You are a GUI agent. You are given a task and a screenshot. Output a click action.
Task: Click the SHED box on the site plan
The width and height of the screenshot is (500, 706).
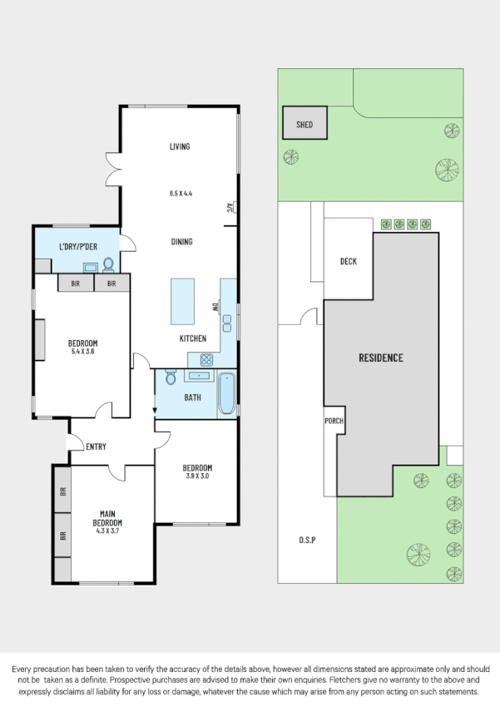304,124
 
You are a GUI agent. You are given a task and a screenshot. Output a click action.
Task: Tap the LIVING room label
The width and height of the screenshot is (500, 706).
180,146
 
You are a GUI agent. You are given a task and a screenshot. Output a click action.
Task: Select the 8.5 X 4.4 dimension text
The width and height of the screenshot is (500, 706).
181,193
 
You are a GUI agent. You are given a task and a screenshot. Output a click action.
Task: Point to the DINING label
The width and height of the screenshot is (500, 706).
181,242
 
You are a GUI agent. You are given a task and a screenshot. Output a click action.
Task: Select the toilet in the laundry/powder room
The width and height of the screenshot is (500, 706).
107,265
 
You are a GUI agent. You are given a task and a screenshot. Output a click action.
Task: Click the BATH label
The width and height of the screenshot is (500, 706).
192,397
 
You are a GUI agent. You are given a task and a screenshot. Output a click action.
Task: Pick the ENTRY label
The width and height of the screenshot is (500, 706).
97,447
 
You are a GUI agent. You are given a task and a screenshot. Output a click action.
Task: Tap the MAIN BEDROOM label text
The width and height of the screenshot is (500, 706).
107,518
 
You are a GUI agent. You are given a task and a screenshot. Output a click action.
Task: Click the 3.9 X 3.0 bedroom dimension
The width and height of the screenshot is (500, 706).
197,476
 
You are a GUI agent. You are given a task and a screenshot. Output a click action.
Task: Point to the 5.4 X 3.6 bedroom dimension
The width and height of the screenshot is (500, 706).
83,352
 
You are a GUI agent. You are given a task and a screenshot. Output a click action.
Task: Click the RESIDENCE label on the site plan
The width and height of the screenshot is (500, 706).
381,358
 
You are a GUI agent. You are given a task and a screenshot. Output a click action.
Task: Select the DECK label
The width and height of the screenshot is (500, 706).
349,262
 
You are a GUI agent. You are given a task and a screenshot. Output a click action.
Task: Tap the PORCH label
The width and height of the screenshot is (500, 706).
334,421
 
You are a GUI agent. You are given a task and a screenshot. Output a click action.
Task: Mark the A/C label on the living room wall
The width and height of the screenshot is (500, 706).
229,208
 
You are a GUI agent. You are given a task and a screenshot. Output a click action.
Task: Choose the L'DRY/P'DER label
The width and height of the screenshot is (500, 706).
77,248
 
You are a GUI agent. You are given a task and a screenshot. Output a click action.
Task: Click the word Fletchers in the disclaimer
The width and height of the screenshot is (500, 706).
295,680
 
